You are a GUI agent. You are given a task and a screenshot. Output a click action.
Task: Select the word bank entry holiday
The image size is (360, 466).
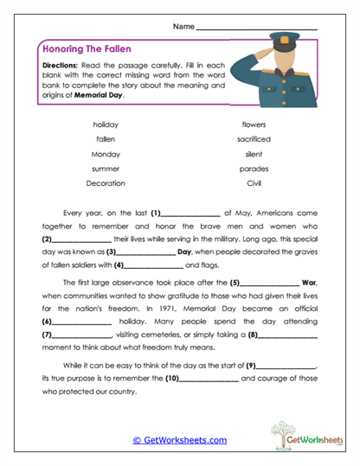coord(106,124)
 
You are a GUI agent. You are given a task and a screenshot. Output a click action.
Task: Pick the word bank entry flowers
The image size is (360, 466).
coord(254,124)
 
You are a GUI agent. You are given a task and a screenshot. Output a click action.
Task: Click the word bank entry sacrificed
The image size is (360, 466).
coord(254,139)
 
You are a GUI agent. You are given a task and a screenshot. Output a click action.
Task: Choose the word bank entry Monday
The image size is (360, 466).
coord(106,154)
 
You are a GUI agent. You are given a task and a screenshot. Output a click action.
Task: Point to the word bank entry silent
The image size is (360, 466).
coord(254,154)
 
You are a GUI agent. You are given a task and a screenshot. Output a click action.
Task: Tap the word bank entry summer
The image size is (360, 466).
coord(106,169)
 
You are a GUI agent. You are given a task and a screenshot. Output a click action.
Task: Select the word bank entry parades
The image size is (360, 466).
coord(254,169)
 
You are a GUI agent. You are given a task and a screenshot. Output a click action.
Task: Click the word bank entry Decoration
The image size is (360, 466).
coord(106,183)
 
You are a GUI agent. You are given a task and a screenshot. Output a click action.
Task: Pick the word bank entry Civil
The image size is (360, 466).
coord(254,183)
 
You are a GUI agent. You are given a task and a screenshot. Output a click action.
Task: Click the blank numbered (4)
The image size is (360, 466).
coord(154,265)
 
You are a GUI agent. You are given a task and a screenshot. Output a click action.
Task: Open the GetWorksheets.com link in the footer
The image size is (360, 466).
coord(179,440)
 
